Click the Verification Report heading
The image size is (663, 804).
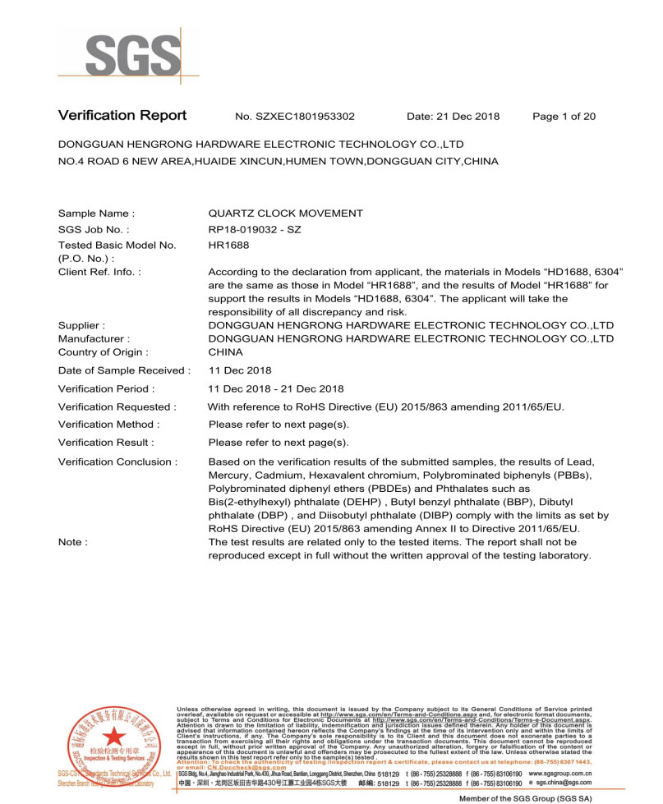tap(122, 116)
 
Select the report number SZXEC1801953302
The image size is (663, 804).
tap(306, 117)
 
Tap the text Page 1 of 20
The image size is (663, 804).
tap(564, 117)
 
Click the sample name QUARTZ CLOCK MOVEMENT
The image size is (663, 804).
tap(285, 214)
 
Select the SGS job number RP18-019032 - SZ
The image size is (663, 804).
tap(255, 230)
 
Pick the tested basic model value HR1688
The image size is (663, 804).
tap(229, 246)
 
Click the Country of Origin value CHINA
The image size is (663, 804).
tap(226, 352)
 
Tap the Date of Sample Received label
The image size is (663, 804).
tap(124, 370)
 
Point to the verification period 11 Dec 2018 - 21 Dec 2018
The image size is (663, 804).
tap(276, 388)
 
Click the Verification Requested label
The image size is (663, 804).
tap(117, 407)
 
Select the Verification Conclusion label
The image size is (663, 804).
tap(117, 462)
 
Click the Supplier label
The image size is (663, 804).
tap(81, 325)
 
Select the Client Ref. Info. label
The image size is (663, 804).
tap(99, 271)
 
